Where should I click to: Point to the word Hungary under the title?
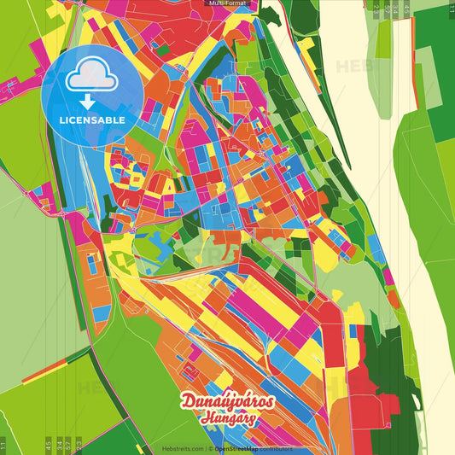tap(228, 418)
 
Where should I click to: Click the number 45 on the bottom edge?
tap(48, 443)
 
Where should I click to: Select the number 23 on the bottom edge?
tap(79, 443)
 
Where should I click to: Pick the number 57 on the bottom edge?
tap(68, 443)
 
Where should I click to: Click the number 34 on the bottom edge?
tap(58, 443)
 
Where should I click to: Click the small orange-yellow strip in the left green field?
tap(50, 365)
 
